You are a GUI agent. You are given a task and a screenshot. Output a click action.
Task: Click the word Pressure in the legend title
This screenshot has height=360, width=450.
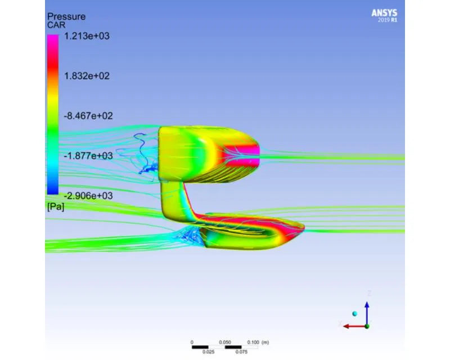[x=66, y=17]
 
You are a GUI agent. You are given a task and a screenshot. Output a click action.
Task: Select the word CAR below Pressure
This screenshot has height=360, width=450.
[x=56, y=25]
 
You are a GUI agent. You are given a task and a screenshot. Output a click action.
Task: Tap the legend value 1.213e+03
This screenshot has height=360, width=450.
[x=87, y=36]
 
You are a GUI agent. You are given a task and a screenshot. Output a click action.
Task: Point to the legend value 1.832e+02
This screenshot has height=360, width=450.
[x=87, y=76]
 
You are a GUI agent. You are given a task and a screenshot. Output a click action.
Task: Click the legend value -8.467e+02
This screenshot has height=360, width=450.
[x=88, y=116]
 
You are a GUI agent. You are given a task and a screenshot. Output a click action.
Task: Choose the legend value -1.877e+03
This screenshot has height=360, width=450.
[x=88, y=156]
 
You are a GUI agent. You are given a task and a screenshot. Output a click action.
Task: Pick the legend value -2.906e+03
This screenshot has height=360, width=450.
[x=88, y=196]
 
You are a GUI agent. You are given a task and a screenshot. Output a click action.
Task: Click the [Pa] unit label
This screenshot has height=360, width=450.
[x=56, y=206]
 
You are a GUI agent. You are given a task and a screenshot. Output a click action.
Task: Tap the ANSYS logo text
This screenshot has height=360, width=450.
[x=384, y=13]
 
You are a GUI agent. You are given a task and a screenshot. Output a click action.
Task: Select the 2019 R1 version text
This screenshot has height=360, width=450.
[x=388, y=20]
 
